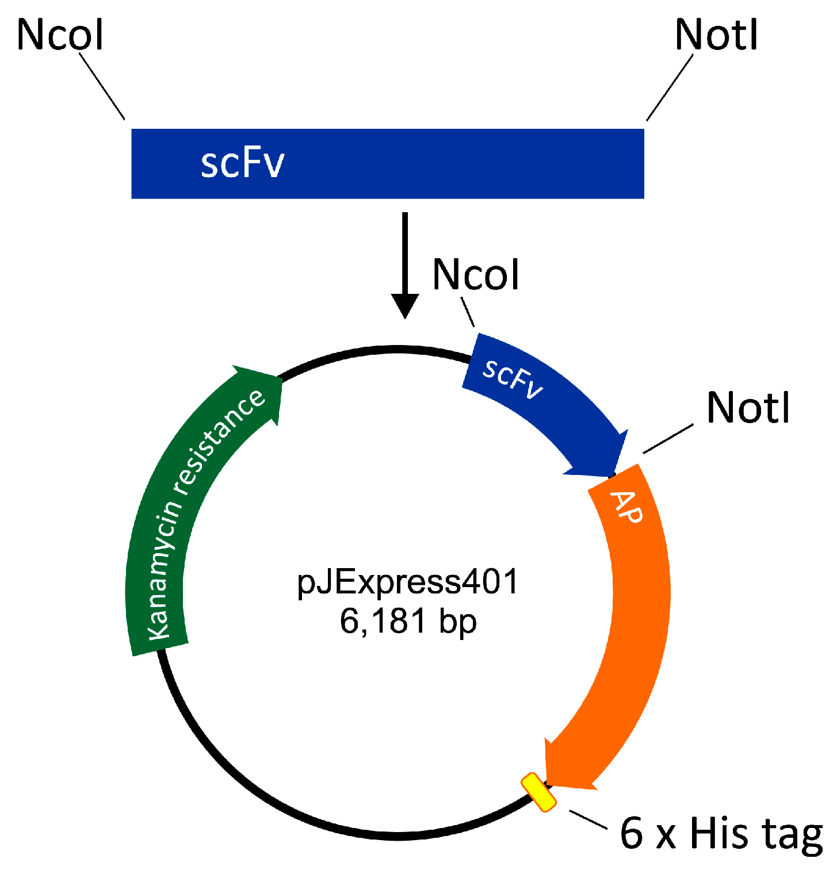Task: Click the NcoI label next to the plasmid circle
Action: [x=476, y=274]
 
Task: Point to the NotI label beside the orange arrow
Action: [x=748, y=408]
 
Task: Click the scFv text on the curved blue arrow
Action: [x=512, y=379]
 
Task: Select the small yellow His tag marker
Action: [x=538, y=792]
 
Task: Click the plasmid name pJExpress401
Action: [x=408, y=581]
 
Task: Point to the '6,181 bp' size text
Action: [x=408, y=621]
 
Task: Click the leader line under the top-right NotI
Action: [x=670, y=87]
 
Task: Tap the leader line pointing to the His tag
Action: [x=588, y=819]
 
